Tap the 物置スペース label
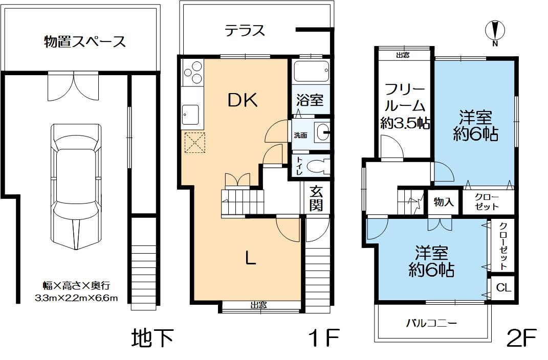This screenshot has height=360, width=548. point(84,41)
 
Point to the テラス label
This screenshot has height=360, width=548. point(245,31)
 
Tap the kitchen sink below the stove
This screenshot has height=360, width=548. point(191,114)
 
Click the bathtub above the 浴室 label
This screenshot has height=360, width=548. point(311,73)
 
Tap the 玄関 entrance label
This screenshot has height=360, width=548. point(315,198)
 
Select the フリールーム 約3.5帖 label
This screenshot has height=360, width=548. point(404,106)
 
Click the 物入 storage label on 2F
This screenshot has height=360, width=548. point(444,202)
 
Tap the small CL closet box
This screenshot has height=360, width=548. point(503,288)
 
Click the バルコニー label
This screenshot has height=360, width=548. point(431,323)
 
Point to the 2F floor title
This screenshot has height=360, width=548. point(521,338)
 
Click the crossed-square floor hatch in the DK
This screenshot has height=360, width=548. point(194,142)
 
